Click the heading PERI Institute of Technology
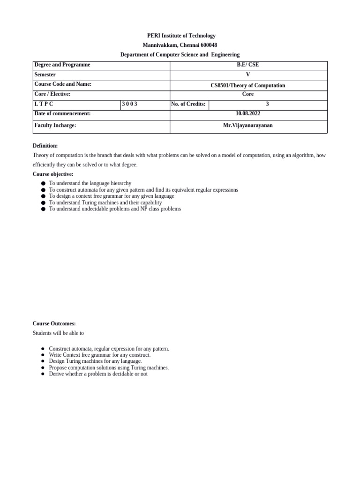(180, 36)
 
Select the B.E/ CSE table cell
(248, 65)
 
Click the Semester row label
(45, 75)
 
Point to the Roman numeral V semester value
(248, 75)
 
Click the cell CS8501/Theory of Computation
(248, 85)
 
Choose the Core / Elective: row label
(52, 94)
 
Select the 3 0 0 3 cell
(130, 104)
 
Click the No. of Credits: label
(188, 104)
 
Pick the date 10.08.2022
(248, 113)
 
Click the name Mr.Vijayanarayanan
(248, 126)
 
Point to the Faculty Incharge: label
(55, 126)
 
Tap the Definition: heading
(45, 146)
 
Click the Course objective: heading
(53, 174)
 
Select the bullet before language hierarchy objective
(43, 183)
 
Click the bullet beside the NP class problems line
(43, 209)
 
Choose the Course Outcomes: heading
(54, 323)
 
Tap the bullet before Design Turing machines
(43, 361)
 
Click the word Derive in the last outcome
(56, 374)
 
